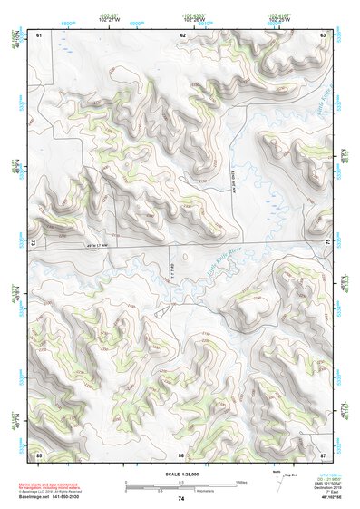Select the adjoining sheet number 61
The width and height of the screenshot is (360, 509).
(39, 34)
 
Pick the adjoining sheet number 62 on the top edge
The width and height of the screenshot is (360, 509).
(182, 34)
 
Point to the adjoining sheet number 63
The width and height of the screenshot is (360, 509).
(323, 34)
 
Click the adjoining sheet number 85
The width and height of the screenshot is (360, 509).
(39, 454)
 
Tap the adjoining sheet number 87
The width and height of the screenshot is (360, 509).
(323, 454)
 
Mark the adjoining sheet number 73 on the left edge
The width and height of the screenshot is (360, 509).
(34, 243)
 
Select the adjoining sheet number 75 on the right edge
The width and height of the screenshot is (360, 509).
(327, 243)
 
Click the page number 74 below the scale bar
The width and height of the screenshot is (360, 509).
(181, 498)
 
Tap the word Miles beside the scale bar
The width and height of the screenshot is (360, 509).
(240, 481)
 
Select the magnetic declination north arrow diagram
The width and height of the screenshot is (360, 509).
(277, 478)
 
